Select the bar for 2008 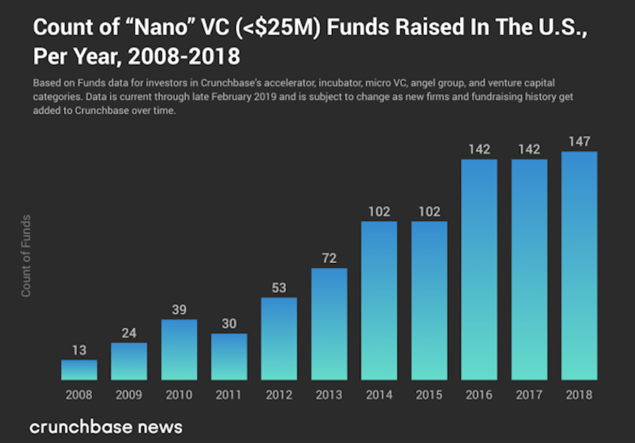pyautogui.click(x=79, y=370)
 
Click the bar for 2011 pyautogui.click(x=229, y=357)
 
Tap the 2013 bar pyautogui.click(x=329, y=324)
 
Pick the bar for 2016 pyautogui.click(x=479, y=269)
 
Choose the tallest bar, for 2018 pyautogui.click(x=579, y=266)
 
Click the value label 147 pyautogui.click(x=579, y=142)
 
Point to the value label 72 pyautogui.click(x=329, y=259)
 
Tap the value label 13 pyautogui.click(x=79, y=350)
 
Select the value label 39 pyautogui.click(x=179, y=310)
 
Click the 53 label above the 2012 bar pyautogui.click(x=279, y=288)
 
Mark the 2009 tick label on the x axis pyautogui.click(x=129, y=395)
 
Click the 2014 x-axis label pyautogui.click(x=379, y=395)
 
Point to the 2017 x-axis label pyautogui.click(x=529, y=395)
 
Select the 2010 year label pyautogui.click(x=179, y=395)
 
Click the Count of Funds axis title pyautogui.click(x=25, y=256)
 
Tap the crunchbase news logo pyautogui.click(x=106, y=427)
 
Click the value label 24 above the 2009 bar pyautogui.click(x=129, y=333)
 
